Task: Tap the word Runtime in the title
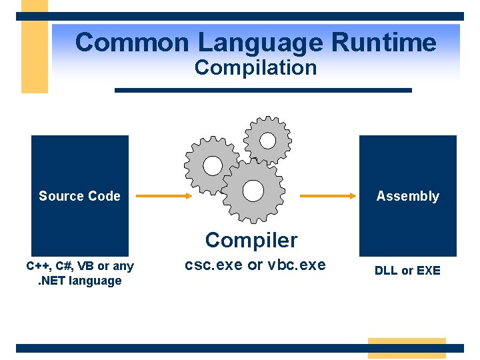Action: pos(383,43)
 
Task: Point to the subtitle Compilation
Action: pos(255,67)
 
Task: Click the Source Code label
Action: pos(79,196)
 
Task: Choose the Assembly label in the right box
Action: pos(407,196)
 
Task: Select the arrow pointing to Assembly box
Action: pos(327,196)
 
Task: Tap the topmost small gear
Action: pos(267,140)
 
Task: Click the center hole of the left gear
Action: pos(212,165)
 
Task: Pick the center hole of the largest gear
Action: pos(253,191)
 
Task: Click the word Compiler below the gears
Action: pos(251,239)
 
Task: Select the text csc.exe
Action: pos(213,265)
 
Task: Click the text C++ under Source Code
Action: pos(37,267)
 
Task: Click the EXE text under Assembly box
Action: pos(428,271)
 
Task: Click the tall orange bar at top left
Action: pos(35,47)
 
